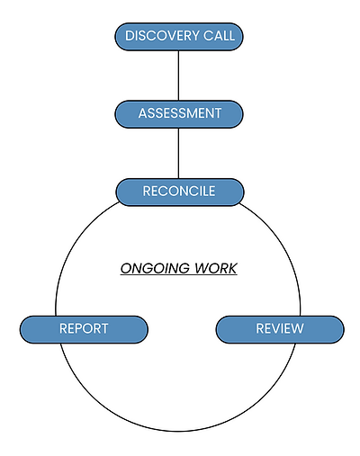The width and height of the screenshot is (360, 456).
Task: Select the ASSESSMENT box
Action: click(179, 114)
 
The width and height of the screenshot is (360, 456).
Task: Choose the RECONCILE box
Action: click(179, 192)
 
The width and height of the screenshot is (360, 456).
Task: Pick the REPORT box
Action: click(84, 329)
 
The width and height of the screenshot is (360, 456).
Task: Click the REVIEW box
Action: click(279, 329)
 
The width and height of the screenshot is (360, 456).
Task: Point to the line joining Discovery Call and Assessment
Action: click(179, 76)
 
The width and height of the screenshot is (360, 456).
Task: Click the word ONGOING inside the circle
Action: click(150, 268)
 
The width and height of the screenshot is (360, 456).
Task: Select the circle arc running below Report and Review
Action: click(178, 423)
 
